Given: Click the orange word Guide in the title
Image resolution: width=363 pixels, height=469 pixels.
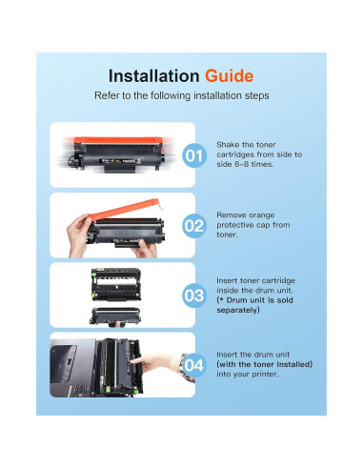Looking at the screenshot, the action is point(229,76).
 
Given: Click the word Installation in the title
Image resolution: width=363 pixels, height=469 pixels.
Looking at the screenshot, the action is point(154,76).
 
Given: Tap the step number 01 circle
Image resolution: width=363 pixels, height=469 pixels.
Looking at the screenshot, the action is point(194,155).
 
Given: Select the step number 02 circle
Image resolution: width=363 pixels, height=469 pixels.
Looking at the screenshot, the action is point(194,226).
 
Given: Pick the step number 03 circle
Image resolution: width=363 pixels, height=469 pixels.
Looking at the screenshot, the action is point(194,296).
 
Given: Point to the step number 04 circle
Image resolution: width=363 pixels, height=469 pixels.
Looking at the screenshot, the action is point(194,365).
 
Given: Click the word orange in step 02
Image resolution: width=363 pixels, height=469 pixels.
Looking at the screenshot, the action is point(262,215).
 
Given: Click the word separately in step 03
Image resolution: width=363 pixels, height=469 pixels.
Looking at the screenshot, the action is point(237,310).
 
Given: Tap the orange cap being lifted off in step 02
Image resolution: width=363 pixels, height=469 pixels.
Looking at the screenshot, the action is point(124,209).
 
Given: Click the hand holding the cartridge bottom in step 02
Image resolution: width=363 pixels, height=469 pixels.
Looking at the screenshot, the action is point(145,249).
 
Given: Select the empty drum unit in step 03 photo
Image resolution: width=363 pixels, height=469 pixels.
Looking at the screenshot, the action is point(116,284).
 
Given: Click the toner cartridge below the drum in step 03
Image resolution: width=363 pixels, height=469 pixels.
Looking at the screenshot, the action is point(115,316).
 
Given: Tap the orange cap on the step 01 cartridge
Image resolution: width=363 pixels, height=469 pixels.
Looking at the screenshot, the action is point(118,141).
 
